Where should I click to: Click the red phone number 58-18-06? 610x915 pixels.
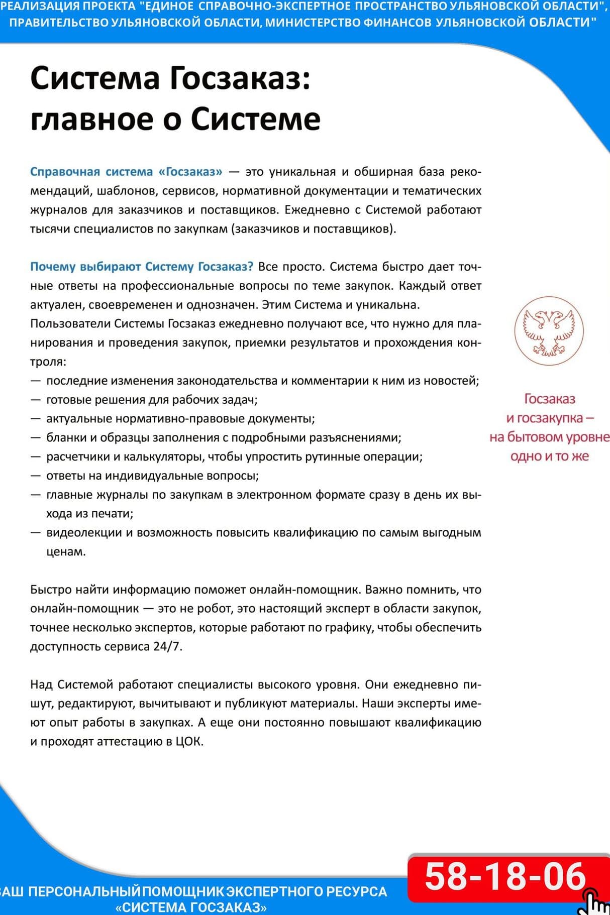coord(505,876)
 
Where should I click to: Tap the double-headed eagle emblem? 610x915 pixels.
coord(549,330)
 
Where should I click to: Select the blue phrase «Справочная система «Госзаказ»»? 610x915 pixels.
coord(126,172)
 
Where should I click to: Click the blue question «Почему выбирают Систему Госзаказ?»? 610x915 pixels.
coord(142,267)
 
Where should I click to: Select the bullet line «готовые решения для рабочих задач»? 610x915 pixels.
coord(152,400)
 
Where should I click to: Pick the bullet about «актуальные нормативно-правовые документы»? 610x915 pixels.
coord(180,419)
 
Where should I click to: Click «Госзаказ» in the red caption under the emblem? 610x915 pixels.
coord(549,399)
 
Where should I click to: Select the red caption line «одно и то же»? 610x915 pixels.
coord(549,456)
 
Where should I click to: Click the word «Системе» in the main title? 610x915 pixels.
coord(255,119)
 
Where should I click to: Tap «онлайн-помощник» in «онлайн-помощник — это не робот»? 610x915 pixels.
coord(84,609)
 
